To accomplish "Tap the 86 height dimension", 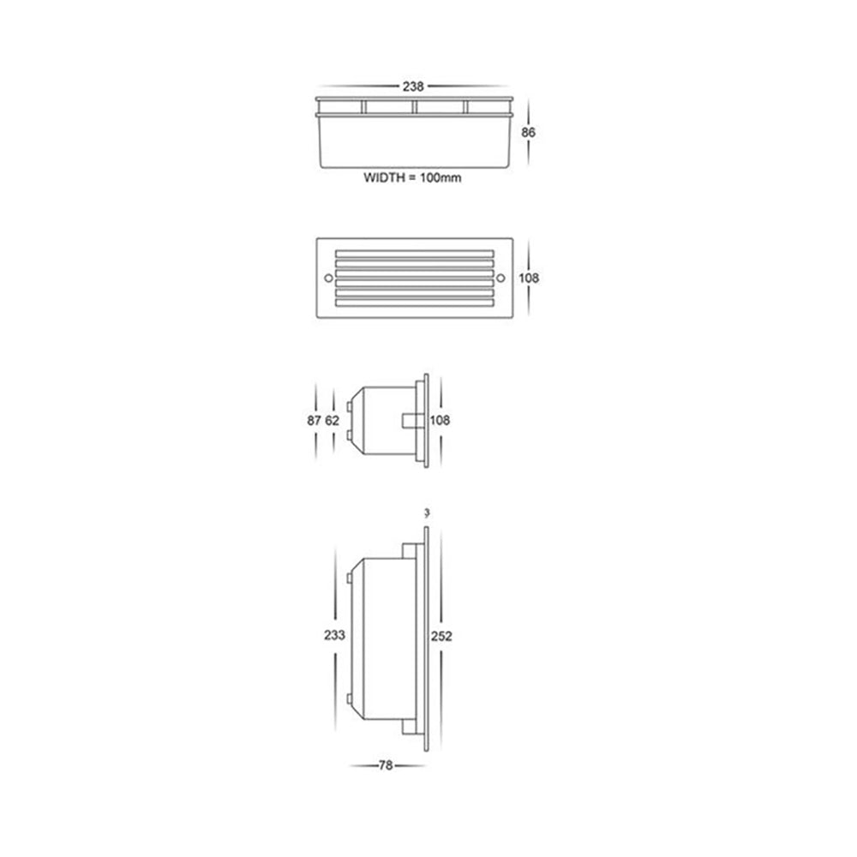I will (x=528, y=133).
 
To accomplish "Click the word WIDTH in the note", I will (x=386, y=179).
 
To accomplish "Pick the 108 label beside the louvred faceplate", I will (x=530, y=279).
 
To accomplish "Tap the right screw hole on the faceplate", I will (x=501, y=278).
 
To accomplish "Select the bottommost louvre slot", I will (x=415, y=301).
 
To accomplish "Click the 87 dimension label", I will (x=314, y=421).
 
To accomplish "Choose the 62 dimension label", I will (x=333, y=421).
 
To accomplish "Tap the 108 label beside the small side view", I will (x=440, y=421).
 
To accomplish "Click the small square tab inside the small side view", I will (x=411, y=421).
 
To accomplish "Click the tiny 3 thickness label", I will (x=426, y=513).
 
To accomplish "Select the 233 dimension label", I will (x=335, y=636).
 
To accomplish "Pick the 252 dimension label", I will (x=441, y=636).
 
